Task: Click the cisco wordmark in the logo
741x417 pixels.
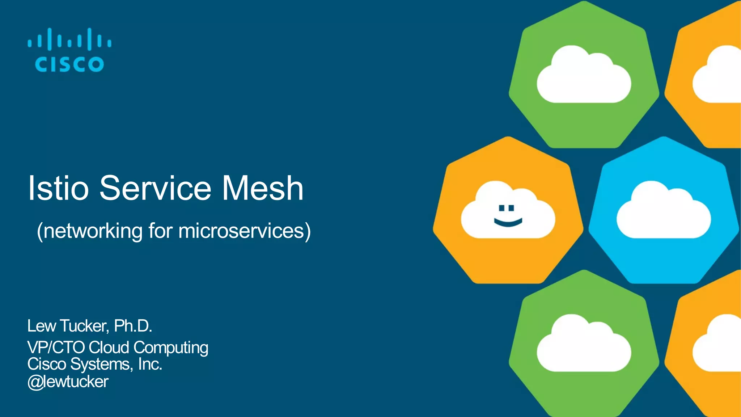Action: [69, 64]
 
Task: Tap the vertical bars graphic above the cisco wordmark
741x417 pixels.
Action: [69, 39]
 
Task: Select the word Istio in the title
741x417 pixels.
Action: [58, 188]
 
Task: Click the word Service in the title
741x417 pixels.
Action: [155, 188]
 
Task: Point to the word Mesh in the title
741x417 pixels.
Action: [262, 188]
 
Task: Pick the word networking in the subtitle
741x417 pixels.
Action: [93, 231]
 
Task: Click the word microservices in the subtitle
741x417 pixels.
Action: [241, 231]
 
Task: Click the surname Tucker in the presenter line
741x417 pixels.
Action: [84, 326]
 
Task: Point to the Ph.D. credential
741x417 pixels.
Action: [133, 326]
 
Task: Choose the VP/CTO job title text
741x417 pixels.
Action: [56, 347]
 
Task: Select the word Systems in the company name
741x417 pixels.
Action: [102, 365]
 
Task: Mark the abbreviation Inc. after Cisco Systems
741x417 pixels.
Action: [150, 364]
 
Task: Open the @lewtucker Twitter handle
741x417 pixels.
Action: [68, 382]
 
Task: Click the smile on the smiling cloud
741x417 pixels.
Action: [508, 222]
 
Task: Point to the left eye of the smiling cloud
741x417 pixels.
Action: [501, 208]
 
